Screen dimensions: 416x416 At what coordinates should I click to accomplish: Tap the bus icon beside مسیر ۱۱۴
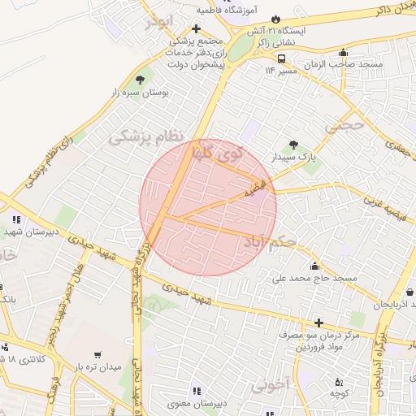coord(281,58)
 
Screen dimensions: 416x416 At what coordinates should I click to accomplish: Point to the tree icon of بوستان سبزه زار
coord(141,80)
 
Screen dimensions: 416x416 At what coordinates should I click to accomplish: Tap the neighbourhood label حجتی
coord(341,127)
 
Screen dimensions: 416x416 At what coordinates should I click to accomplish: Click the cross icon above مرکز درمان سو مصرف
coord(318,323)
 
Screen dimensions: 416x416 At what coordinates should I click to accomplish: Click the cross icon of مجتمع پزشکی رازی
coord(196,28)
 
